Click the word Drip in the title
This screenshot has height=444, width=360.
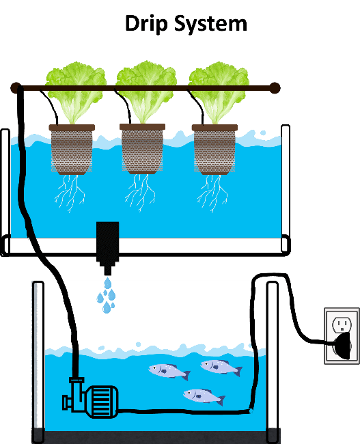click(146, 24)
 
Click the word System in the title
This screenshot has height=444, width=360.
click(210, 24)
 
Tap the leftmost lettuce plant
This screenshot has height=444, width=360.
click(76, 92)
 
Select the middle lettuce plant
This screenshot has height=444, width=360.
click(146, 91)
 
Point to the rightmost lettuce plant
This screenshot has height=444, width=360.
click(219, 92)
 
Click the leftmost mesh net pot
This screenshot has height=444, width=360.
click(72, 149)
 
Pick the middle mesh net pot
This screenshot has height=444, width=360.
click(143, 149)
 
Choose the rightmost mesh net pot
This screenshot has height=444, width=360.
click(214, 149)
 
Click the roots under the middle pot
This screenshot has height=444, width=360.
click(140, 193)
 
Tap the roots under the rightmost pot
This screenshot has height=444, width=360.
click(212, 193)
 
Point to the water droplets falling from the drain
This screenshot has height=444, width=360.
click(106, 295)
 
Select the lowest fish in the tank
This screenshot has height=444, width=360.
click(204, 396)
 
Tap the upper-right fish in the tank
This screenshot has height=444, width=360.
click(221, 367)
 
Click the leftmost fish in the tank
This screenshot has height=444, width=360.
click(169, 372)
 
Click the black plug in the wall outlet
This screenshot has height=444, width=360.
click(344, 346)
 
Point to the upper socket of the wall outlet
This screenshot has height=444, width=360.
click(342, 324)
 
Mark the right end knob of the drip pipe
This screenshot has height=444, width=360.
click(274, 88)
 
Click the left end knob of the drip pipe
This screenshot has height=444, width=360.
click(16, 88)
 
